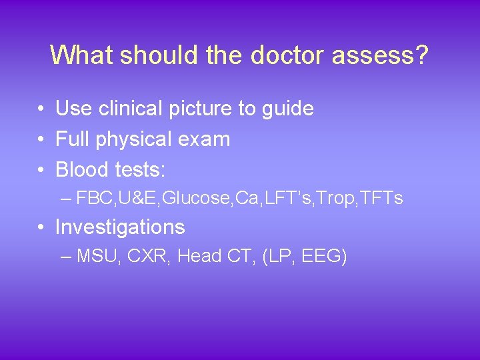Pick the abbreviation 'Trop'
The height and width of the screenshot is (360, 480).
pos(329,198)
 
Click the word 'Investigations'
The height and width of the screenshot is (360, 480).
pos(120,227)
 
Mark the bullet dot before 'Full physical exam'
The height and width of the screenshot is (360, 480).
pos(41,140)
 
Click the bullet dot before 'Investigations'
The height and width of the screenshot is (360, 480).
pos(41,228)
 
